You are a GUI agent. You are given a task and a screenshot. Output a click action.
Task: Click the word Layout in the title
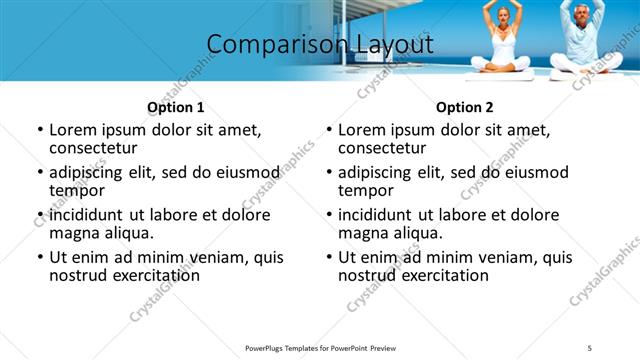[394, 45]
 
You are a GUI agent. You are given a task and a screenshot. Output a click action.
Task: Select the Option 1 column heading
[175, 107]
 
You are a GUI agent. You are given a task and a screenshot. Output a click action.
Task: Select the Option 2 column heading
[465, 107]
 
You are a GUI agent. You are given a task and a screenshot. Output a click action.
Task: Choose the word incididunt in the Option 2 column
[380, 215]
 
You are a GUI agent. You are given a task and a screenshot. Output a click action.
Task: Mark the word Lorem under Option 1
[73, 130]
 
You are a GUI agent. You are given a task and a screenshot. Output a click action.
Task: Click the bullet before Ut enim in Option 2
[329, 257]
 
